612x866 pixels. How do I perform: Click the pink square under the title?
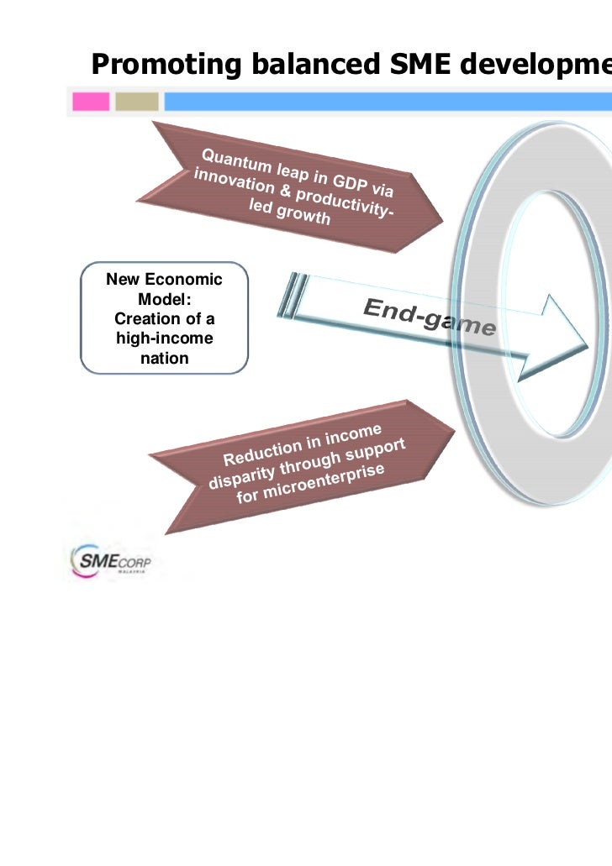(x=91, y=102)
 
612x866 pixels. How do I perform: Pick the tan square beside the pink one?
(x=136, y=102)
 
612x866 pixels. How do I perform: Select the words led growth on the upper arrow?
(x=289, y=215)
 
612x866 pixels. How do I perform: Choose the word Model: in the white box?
(x=164, y=299)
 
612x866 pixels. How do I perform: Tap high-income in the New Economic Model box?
(x=164, y=339)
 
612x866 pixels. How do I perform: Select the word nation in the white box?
(x=164, y=358)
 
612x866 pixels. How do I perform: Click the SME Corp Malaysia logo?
(x=110, y=558)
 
